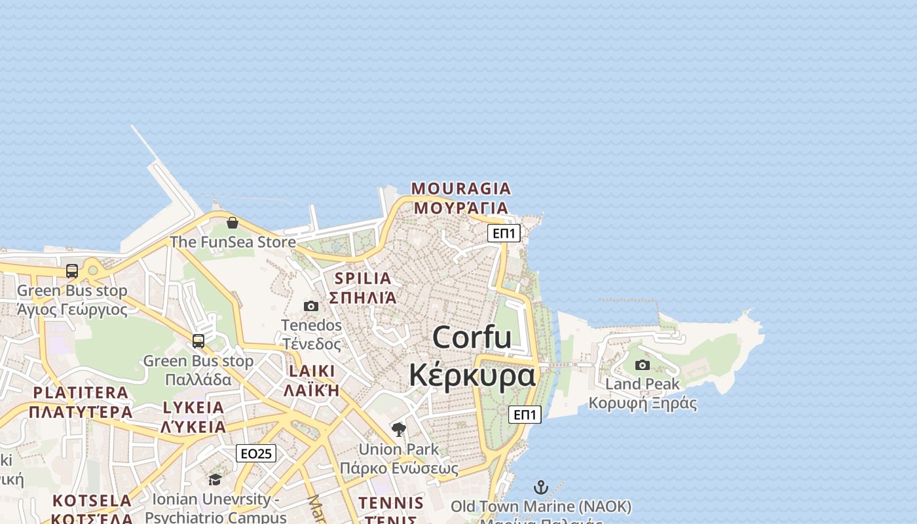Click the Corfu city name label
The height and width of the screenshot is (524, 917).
472,337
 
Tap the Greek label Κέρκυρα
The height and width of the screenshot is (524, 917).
472,375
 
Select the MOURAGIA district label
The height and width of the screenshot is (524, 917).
460,189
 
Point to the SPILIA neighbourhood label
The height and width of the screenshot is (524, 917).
362,278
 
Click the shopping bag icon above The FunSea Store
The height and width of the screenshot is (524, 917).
232,223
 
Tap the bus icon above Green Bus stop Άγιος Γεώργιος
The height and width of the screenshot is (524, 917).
72,271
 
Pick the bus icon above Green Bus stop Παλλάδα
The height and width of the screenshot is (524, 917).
198,341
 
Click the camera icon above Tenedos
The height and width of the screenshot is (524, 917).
311,306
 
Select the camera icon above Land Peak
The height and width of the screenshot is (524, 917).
643,365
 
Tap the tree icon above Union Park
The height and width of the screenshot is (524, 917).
398,430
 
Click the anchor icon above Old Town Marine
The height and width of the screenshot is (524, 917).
540,487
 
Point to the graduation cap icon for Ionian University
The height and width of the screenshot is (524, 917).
215,480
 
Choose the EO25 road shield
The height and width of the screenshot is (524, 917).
256,453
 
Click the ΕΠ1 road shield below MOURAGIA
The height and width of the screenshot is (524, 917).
504,233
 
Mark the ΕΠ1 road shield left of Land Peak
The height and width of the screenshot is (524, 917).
525,415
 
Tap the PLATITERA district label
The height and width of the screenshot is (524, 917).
81,393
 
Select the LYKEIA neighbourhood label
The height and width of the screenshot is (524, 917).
193,407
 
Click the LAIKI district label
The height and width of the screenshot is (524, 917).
311,371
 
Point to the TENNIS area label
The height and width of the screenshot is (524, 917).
391,503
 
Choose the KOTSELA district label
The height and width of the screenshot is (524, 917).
92,501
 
